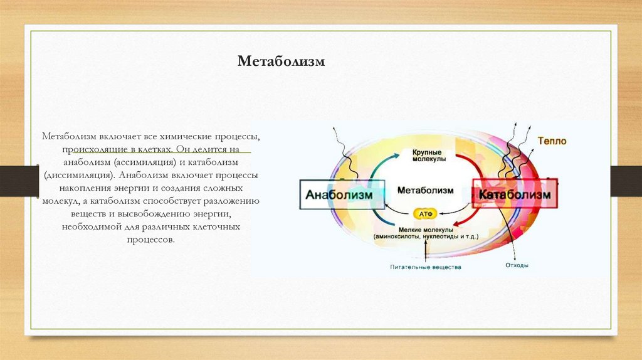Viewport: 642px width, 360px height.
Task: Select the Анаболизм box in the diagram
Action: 339,195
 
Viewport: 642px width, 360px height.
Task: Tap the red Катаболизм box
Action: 514,195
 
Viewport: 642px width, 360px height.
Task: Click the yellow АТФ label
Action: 426,213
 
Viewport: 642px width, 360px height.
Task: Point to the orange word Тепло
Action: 552,141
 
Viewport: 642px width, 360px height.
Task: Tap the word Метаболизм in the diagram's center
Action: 425,189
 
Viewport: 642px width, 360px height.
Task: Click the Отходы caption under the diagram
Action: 517,265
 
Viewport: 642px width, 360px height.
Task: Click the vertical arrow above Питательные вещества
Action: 426,251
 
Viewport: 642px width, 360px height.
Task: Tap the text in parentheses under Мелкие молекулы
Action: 426,237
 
